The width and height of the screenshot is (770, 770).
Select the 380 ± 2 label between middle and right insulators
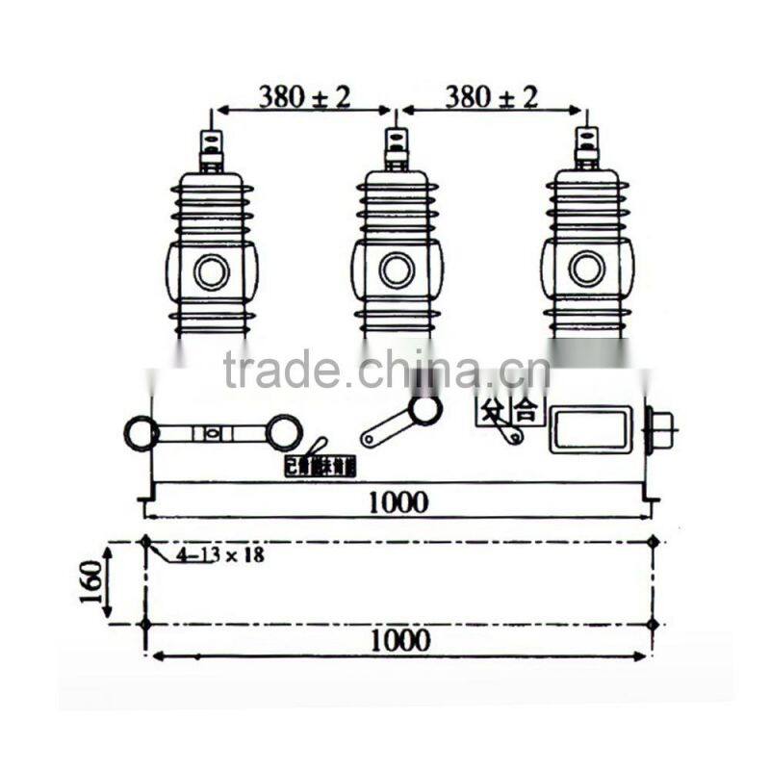[x=490, y=96]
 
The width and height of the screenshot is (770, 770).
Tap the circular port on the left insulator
[x=212, y=272]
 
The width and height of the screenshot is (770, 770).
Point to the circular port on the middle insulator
[x=397, y=269]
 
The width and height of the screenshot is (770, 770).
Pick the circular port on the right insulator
[x=586, y=269]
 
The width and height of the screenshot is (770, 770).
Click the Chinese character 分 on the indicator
[x=494, y=411]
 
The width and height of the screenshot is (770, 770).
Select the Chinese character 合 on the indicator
[x=526, y=411]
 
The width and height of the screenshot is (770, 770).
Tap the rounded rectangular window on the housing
[x=591, y=429]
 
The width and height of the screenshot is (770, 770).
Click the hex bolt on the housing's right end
[x=663, y=430]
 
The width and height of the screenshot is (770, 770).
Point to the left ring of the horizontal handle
[x=141, y=433]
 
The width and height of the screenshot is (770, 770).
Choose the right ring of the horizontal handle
[x=284, y=432]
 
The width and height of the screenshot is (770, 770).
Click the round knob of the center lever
[x=424, y=410]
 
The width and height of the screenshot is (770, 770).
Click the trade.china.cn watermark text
[x=385, y=370]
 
